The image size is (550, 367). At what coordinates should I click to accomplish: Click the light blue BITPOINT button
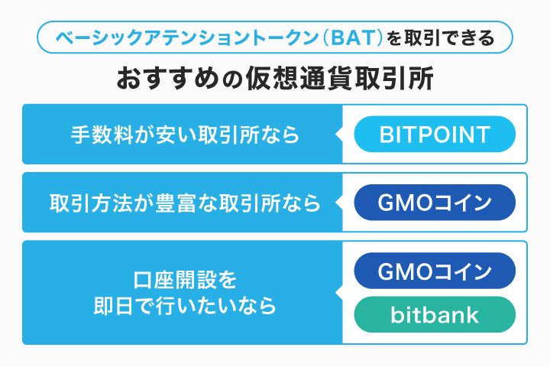tap(435, 135)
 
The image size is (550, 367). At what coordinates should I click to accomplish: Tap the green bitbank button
tap(435, 315)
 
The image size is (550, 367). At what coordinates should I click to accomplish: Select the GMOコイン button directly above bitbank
tap(435, 271)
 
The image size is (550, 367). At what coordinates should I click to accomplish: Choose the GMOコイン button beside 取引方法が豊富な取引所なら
tap(435, 203)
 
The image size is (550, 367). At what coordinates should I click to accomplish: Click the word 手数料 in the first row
tap(99, 135)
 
